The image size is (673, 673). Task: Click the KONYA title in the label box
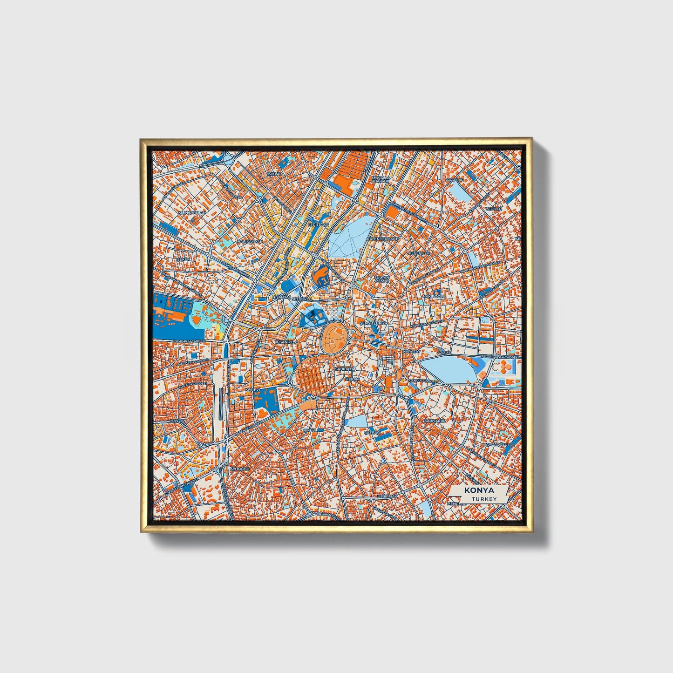tap(479, 490)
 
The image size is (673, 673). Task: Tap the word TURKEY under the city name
tap(483, 499)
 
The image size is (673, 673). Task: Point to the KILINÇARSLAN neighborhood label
tap(191, 212)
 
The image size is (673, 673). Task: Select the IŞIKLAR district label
tap(274, 174)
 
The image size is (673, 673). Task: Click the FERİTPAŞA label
tap(319, 224)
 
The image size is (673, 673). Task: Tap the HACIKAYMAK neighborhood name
tap(250, 242)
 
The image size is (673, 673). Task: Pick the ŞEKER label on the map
tap(183, 259)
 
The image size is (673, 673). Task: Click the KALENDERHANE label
tap(383, 238)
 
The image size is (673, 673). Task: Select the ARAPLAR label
tap(455, 179)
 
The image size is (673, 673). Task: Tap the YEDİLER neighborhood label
tap(494, 209)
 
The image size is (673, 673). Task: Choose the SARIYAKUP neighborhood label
tap(435, 421)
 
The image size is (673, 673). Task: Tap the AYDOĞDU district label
tap(240, 468)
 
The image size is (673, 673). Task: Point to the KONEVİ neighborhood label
tap(252, 389)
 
